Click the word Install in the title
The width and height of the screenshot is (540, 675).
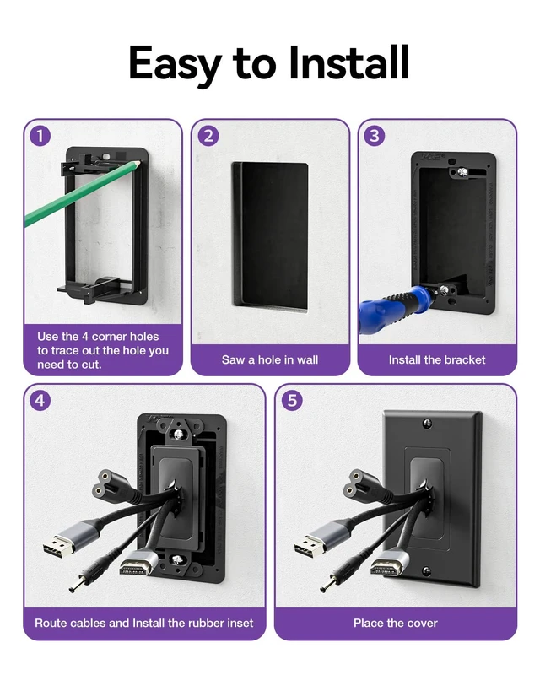348,62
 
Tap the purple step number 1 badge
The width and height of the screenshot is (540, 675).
40,136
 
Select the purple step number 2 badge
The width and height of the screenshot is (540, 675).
208,136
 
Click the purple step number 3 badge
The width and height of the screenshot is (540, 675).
375,136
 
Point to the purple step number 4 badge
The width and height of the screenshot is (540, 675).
40,400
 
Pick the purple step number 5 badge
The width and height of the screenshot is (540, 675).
292,400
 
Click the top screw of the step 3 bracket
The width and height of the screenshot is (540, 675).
463,173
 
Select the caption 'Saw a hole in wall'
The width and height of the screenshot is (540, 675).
270,360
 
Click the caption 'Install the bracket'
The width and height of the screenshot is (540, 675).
437,360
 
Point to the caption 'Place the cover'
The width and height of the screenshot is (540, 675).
396,623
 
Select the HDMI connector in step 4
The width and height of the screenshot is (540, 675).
138,564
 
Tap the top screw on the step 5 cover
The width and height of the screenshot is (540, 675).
427,424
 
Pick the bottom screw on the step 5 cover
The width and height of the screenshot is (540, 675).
426,571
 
